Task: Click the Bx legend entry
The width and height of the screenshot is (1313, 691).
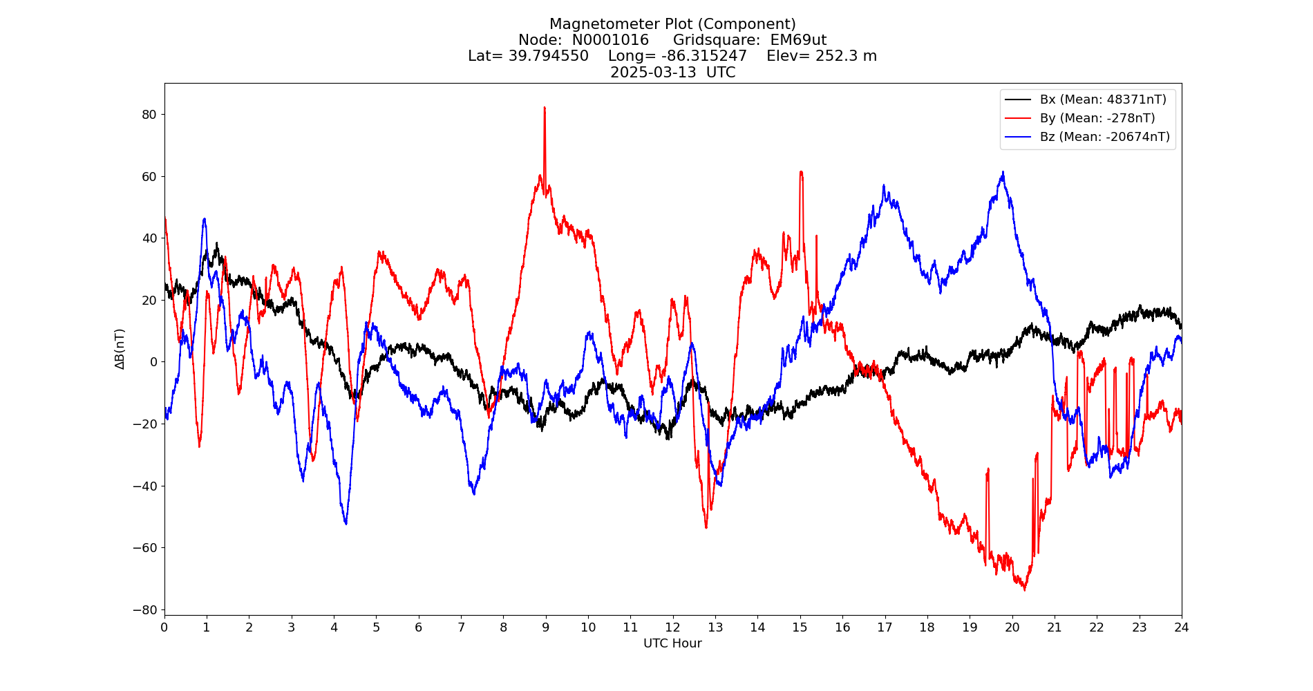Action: coord(1102,100)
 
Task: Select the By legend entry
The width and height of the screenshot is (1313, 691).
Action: coord(1097,118)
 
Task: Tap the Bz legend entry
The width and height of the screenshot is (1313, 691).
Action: coord(1104,137)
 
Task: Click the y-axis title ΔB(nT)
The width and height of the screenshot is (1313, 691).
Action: coord(120,349)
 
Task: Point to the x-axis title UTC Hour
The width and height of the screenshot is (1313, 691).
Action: coord(672,643)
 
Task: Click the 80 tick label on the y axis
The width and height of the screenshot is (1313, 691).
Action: coord(149,114)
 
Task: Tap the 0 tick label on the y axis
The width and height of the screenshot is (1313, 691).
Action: coord(153,362)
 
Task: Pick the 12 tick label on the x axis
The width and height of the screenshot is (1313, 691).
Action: coord(672,627)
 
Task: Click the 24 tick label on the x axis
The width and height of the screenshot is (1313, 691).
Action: coord(1182,627)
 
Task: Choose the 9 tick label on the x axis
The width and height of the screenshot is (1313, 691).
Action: coord(546,627)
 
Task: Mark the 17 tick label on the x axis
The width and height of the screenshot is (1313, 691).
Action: coord(885,627)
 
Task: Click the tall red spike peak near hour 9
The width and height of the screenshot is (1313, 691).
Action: coord(545,108)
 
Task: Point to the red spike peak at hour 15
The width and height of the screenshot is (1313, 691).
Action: coord(801,172)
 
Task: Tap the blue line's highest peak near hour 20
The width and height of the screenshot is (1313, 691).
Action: coord(1003,172)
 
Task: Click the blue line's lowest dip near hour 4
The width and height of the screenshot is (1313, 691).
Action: coord(346,523)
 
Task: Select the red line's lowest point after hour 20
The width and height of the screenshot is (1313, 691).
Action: coord(1024,589)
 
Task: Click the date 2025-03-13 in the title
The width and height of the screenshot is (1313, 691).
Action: coord(653,73)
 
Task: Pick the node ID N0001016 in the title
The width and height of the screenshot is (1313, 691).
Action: coord(610,40)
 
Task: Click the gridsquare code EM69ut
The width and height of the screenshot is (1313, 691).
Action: coord(798,40)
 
